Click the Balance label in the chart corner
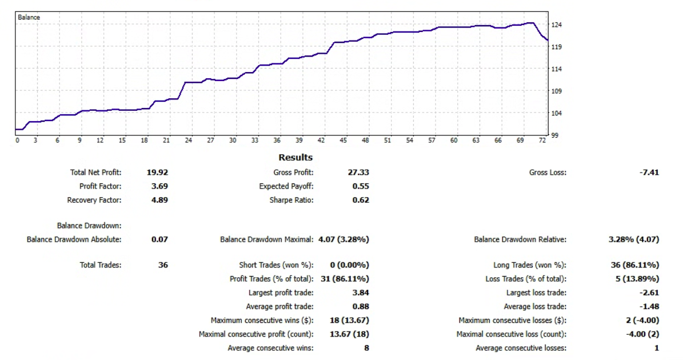point(29,17)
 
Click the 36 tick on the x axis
point(277,141)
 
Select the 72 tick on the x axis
point(542,141)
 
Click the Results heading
point(295,157)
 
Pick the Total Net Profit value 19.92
point(158,172)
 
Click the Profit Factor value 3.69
point(159,186)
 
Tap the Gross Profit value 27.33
point(358,172)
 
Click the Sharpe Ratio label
point(291,200)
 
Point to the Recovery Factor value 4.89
point(159,200)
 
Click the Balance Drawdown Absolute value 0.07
point(159,239)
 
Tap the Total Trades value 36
point(162,265)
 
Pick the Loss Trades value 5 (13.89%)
point(635,279)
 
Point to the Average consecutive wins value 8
point(366,348)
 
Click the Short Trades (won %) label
point(276,265)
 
